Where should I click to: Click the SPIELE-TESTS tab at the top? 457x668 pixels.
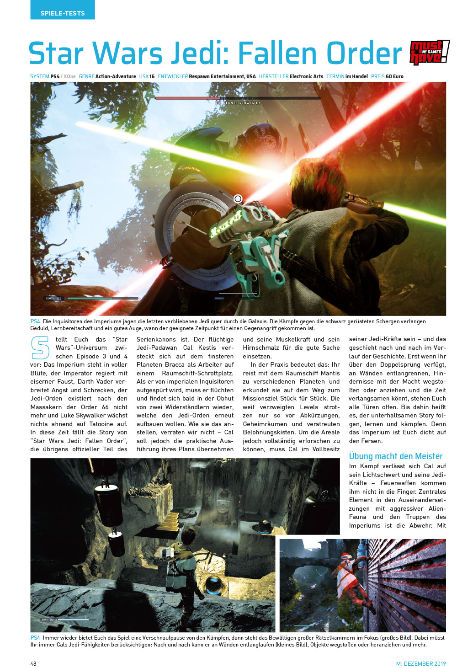tap(63, 13)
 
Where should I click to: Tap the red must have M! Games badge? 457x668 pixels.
tap(429, 52)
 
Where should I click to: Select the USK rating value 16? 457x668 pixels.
tap(152, 76)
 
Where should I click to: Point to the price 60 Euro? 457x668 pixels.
tap(394, 76)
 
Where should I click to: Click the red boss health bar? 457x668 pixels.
tap(187, 98)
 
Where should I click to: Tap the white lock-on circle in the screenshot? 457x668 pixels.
tap(238, 198)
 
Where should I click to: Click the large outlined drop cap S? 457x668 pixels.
tap(40, 347)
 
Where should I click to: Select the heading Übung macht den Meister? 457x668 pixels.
tap(395, 456)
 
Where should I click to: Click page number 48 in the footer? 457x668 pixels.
tap(33, 663)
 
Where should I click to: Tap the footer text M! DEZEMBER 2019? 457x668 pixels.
tap(420, 663)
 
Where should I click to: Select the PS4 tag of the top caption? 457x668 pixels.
tap(35, 321)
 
